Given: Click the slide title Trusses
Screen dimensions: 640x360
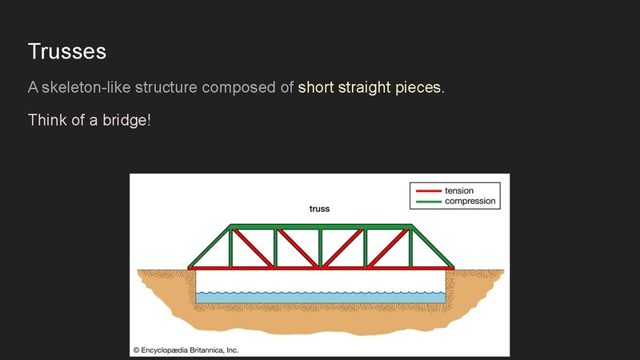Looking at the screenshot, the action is (x=67, y=51).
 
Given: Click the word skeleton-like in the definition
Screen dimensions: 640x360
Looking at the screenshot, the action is (x=86, y=87).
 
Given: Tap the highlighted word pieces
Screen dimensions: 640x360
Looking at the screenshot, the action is (x=419, y=88).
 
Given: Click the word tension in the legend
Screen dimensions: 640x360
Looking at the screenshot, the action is (x=459, y=190).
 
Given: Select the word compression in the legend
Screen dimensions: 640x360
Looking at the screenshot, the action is (x=470, y=202).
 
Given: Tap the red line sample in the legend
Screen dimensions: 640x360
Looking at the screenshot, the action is (x=429, y=190).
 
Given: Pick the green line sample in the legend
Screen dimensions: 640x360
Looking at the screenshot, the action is (x=429, y=202).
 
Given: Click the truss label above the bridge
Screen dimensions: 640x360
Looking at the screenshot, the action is (x=319, y=209).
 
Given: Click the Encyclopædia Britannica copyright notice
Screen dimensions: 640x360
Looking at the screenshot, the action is (x=186, y=350).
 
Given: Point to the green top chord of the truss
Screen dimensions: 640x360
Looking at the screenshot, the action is (x=321, y=226).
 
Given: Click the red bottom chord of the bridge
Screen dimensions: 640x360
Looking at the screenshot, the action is (x=321, y=268).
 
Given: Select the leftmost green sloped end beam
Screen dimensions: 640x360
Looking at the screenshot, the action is (x=209, y=246).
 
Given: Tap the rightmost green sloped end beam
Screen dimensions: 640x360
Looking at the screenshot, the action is (x=432, y=246).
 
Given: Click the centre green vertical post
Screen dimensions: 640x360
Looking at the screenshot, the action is (x=321, y=248).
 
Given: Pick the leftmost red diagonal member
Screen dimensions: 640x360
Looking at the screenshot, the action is (x=253, y=248).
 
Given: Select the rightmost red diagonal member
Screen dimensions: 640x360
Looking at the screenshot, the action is (x=388, y=248).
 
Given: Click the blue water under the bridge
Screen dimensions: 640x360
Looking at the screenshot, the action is (x=321, y=298).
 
